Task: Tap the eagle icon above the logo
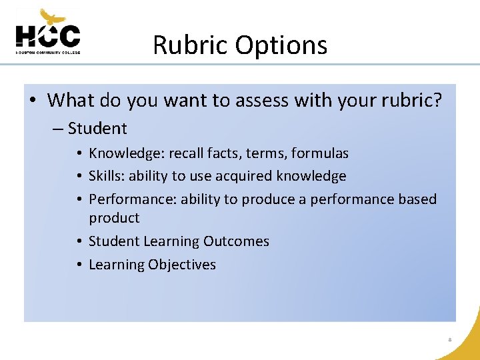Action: click(x=53, y=17)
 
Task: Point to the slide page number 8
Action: click(x=450, y=340)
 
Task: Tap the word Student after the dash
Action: click(x=97, y=128)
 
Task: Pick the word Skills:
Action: click(x=107, y=176)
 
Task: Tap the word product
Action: click(x=114, y=218)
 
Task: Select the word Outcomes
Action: click(x=236, y=241)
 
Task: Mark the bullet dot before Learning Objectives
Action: click(x=79, y=265)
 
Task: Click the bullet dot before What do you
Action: click(x=33, y=101)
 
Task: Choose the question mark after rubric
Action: click(x=437, y=100)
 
